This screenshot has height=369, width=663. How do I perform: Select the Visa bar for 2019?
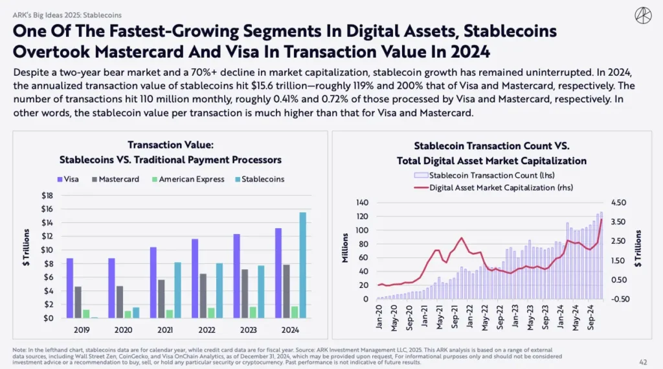70,288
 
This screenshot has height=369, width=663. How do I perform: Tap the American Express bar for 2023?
253,313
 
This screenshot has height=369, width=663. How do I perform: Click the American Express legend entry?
184,179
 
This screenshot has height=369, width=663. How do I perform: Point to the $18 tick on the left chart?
47,196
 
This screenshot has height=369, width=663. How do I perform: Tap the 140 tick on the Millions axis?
361,203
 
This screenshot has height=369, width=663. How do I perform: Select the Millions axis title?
345,252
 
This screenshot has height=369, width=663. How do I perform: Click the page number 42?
643,361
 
